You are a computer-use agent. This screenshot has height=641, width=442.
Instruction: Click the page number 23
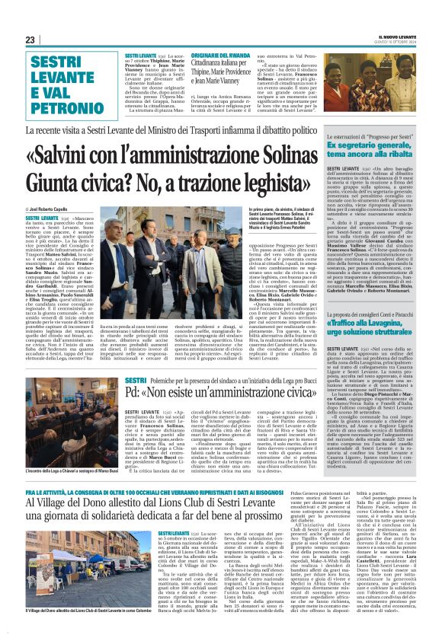pos(30,40)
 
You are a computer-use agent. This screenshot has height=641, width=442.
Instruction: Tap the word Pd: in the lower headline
pos(136,394)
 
